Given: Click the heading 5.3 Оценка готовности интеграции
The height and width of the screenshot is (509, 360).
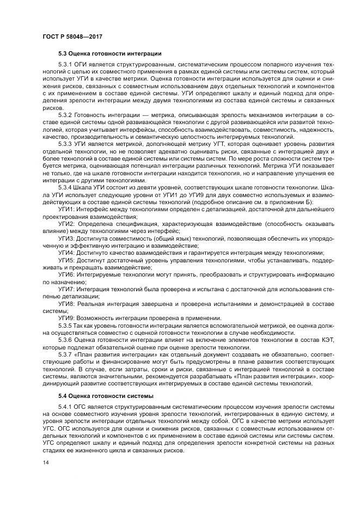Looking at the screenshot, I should pyautogui.click(x=109, y=53).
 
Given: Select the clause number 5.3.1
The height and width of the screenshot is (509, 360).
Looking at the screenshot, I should pyautogui.click(x=65, y=65).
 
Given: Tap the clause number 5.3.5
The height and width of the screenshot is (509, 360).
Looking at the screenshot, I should pyautogui.click(x=65, y=325).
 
